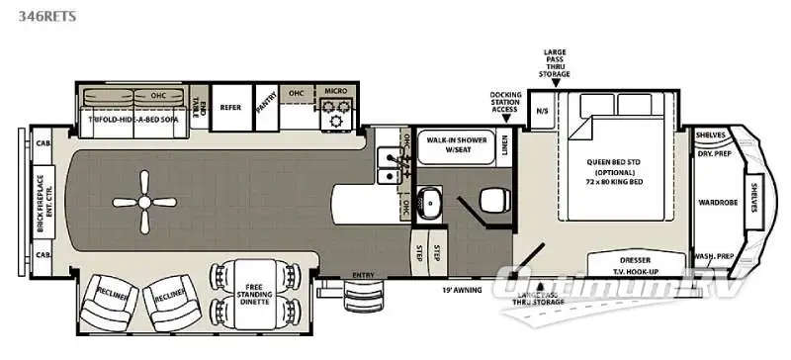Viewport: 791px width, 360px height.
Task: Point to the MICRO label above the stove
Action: (334, 92)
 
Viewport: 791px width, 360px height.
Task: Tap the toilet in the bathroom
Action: (491, 203)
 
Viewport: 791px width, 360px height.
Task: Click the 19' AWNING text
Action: (463, 291)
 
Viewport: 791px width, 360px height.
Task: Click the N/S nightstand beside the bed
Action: (542, 110)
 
